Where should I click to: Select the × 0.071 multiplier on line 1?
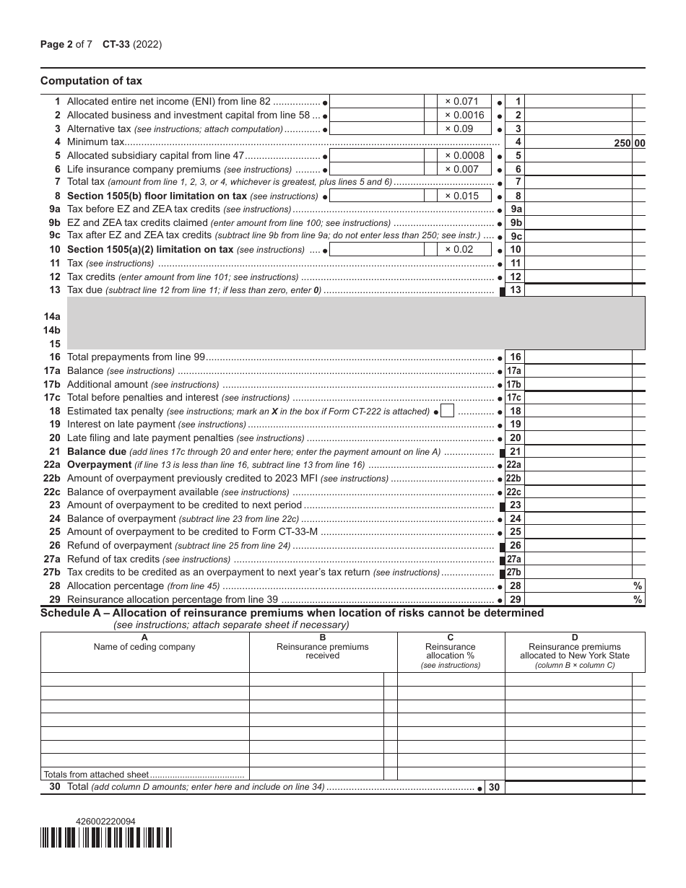461,102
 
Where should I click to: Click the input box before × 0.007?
375,169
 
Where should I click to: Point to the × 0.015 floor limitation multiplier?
461,196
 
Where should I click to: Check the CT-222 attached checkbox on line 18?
447,411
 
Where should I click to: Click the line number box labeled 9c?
516,236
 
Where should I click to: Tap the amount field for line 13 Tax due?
578,290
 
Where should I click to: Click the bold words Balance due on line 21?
97,451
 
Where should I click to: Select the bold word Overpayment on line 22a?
99,465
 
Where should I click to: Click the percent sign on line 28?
638,586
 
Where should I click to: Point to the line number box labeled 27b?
514,573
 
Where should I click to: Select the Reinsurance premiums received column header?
323,651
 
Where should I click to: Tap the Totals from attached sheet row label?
96,774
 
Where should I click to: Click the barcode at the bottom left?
106,837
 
